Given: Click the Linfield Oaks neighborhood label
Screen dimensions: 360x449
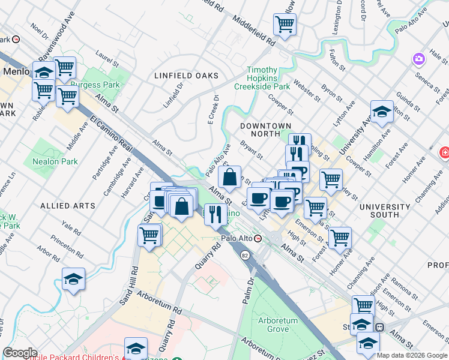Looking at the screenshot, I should pos(185,76).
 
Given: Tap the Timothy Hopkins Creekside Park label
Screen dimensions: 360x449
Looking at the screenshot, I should pos(270,79).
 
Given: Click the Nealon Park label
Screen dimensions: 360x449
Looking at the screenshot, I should pos(61,161).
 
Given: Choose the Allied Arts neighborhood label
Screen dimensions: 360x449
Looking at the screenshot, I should pos(67,205).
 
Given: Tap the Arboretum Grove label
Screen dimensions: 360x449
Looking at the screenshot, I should pos(277,325).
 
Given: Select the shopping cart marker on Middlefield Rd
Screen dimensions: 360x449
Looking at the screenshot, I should pos(285,24).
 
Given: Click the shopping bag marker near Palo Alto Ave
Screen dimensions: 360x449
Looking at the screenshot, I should pos(229,177).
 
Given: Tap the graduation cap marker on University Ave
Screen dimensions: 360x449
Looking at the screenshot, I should pos(382,112).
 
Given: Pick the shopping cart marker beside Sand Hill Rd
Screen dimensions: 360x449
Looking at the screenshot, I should pos(149,235).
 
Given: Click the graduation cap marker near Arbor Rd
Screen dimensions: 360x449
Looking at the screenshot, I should pos(73,279).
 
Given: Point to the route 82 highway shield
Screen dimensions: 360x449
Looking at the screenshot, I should pos(245,256).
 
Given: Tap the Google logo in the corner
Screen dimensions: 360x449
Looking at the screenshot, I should pos(20,353).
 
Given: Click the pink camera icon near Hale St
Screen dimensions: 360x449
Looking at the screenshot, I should pos(418,59).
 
